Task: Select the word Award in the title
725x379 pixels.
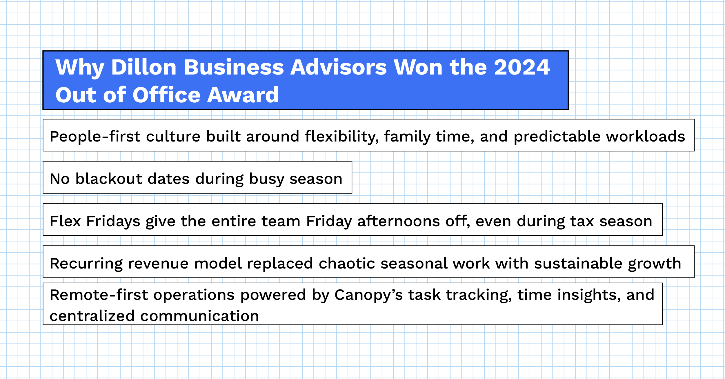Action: (x=243, y=95)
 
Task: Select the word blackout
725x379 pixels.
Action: (x=109, y=179)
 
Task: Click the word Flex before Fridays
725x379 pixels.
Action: (x=65, y=221)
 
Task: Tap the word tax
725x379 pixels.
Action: (x=582, y=221)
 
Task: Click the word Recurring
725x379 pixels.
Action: (x=86, y=264)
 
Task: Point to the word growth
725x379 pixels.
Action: (x=655, y=264)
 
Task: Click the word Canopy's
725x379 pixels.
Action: (x=368, y=295)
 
